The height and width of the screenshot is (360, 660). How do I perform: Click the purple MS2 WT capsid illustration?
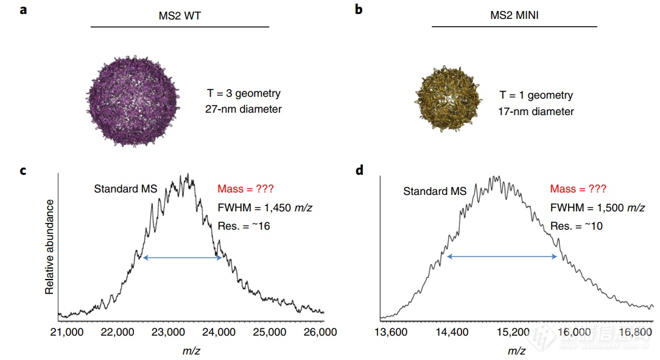pos(131,101)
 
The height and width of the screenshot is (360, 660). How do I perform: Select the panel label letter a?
pos(23,10)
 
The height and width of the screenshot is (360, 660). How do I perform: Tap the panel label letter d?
pos(359,170)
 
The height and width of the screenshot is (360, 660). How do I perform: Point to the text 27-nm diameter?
pos(244,110)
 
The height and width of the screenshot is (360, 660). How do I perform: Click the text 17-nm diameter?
pos(536,111)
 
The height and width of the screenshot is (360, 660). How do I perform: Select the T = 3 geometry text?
pos(244,94)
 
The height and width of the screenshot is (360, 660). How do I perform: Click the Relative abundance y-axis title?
pos(49,245)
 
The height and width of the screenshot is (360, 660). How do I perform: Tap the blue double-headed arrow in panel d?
pos(502,257)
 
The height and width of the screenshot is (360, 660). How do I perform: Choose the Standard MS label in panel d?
pos(435,191)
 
